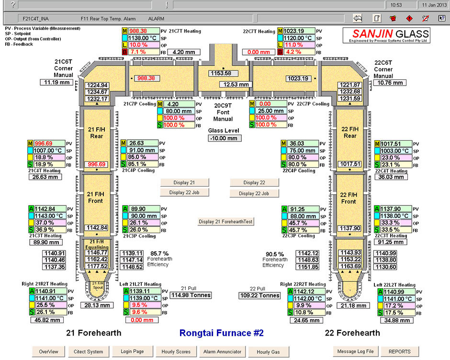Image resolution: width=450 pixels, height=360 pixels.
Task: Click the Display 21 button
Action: click(x=185, y=182)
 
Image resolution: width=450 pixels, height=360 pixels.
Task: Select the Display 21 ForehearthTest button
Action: click(x=225, y=222)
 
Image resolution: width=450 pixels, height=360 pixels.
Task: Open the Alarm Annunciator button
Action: click(x=222, y=351)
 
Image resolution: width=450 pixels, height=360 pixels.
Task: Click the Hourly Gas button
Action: click(x=268, y=352)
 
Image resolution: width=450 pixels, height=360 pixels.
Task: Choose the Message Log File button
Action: click(x=355, y=351)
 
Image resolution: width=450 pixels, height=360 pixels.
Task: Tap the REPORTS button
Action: click(x=399, y=351)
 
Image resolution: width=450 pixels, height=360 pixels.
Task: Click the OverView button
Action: click(x=48, y=351)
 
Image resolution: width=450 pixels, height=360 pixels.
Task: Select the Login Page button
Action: click(x=133, y=351)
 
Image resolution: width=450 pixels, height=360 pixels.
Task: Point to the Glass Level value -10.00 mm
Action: click(x=225, y=138)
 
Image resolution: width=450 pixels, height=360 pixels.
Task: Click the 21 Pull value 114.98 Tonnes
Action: click(x=191, y=295)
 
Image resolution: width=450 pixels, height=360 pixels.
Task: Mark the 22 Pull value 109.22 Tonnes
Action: click(x=260, y=295)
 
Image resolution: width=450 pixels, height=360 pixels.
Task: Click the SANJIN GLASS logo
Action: click(x=386, y=35)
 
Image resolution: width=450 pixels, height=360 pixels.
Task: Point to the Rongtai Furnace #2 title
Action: click(x=221, y=333)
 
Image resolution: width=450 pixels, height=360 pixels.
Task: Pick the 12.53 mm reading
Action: click(x=236, y=85)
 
